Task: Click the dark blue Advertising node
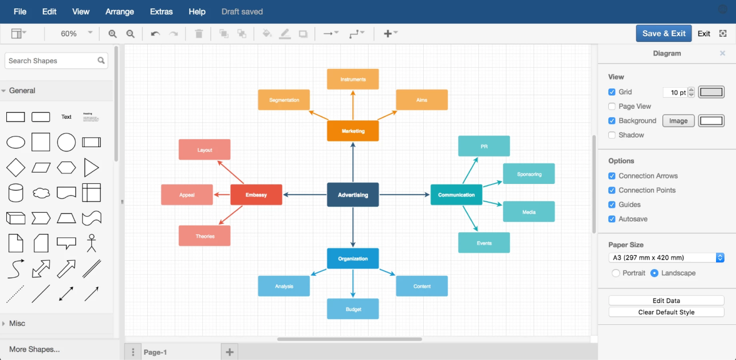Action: pos(353,195)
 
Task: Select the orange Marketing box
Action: pos(353,131)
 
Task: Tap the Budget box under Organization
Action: pos(353,309)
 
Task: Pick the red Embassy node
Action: pos(256,195)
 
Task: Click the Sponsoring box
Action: pos(529,174)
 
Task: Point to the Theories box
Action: pos(205,236)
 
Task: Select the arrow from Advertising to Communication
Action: pos(404,195)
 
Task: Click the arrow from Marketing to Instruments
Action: pos(353,105)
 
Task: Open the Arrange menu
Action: pos(120,12)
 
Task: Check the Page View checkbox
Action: pos(612,106)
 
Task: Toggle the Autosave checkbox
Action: pos(612,219)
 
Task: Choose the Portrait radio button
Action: pos(616,273)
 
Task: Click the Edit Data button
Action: pos(666,301)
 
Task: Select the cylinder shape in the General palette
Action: pos(15,193)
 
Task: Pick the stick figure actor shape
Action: pos(91,243)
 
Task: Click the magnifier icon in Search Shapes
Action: pos(101,60)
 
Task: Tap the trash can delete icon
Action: pos(199,34)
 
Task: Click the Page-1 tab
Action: pos(155,352)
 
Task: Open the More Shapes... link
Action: pos(35,349)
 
